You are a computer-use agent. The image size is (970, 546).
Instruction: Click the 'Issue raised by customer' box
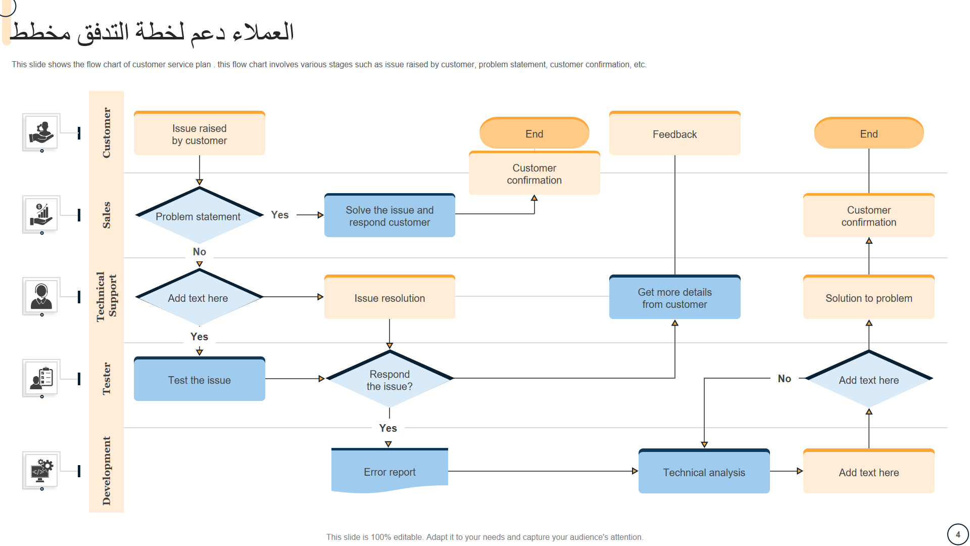pyautogui.click(x=200, y=133)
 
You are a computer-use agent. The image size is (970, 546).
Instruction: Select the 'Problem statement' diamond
pyautogui.click(x=200, y=215)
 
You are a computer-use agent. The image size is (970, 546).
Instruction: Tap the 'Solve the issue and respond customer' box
pyautogui.click(x=390, y=215)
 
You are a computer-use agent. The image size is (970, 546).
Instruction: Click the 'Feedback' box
pyautogui.click(x=674, y=133)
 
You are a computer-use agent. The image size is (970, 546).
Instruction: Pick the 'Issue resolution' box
pyautogui.click(x=390, y=297)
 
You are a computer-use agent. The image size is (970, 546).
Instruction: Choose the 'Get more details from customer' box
pyautogui.click(x=674, y=297)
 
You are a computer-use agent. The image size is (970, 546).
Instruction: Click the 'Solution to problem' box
pyautogui.click(x=869, y=297)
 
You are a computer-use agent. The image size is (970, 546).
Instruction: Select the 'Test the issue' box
pyautogui.click(x=200, y=379)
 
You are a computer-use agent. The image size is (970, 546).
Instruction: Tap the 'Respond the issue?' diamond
pyautogui.click(x=390, y=379)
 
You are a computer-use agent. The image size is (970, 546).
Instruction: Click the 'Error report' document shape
pyautogui.click(x=390, y=470)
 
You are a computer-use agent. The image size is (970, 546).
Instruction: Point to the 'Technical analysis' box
pyautogui.click(x=704, y=471)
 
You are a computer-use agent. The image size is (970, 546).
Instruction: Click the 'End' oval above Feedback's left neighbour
pyautogui.click(x=535, y=133)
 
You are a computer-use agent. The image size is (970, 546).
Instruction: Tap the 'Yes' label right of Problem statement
pyautogui.click(x=280, y=215)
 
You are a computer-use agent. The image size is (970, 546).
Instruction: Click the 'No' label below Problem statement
pyautogui.click(x=200, y=252)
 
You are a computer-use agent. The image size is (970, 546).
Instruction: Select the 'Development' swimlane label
pyautogui.click(x=106, y=471)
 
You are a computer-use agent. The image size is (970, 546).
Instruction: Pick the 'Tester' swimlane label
pyautogui.click(x=106, y=379)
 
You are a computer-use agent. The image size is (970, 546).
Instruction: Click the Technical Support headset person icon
pyautogui.click(x=41, y=296)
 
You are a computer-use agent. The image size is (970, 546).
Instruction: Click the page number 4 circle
pyautogui.click(x=958, y=534)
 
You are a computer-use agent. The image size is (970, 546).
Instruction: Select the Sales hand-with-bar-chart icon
pyautogui.click(x=41, y=214)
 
